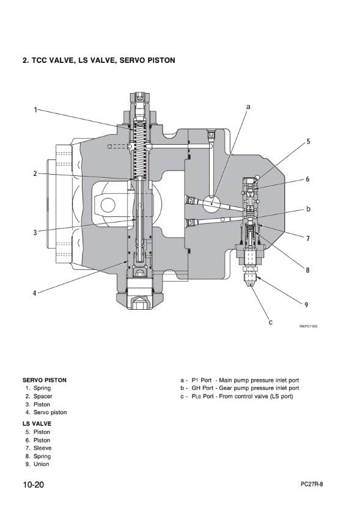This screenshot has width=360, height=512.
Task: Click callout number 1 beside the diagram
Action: [35, 110]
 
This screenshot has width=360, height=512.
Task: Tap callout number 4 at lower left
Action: [35, 293]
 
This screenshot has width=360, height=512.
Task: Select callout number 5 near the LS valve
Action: [308, 141]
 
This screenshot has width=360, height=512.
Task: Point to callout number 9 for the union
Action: [306, 305]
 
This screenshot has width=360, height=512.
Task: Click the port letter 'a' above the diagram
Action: [248, 106]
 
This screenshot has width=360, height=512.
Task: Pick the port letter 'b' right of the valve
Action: [308, 209]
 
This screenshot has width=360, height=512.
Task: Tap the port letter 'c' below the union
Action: [271, 322]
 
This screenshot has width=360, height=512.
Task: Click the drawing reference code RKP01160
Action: [308, 326]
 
